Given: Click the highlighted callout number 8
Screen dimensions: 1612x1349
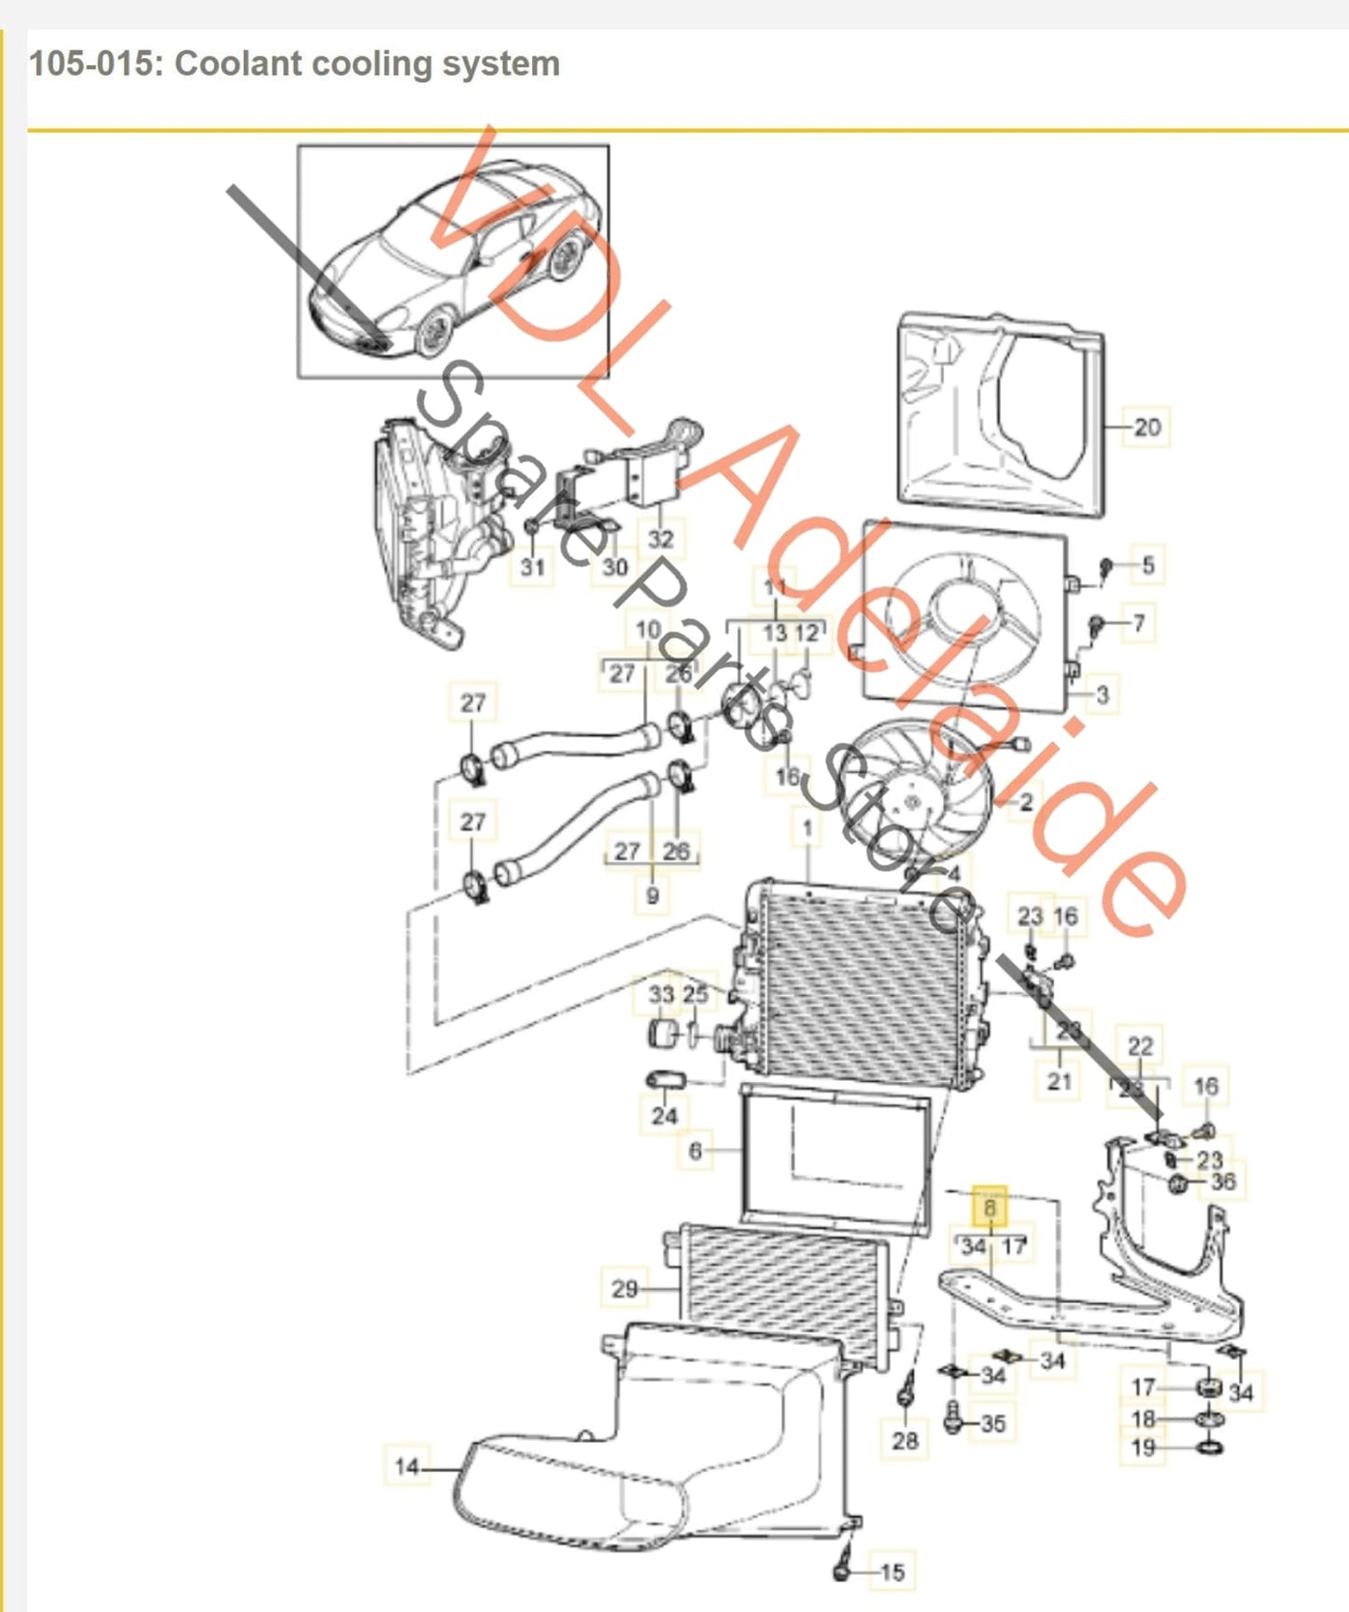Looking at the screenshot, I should [990, 1208].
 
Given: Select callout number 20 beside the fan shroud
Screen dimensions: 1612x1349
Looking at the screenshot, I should [1146, 428].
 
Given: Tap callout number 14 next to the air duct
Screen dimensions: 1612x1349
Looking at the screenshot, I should [406, 1466].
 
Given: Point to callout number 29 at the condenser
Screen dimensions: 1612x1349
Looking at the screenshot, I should [625, 1289].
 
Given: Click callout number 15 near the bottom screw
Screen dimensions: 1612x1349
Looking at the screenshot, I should [892, 1573].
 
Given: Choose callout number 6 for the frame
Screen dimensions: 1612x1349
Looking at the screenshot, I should [695, 1151].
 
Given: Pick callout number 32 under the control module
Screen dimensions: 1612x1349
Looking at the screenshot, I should [660, 539].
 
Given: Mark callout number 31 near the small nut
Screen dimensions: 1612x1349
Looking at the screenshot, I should [532, 566].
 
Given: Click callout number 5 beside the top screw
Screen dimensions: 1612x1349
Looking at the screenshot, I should [1147, 565].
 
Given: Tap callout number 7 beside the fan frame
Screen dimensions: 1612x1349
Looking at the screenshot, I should [1138, 623].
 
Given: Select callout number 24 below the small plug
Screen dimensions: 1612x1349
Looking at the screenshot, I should [664, 1115].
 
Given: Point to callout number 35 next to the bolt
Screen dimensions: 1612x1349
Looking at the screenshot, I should [992, 1423].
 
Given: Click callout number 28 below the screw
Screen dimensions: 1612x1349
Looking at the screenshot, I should [905, 1440].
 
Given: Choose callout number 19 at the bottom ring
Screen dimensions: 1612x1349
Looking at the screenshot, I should [1143, 1448].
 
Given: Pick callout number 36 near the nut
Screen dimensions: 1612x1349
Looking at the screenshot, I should [1222, 1182].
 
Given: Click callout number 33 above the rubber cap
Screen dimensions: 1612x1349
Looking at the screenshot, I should [661, 994].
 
